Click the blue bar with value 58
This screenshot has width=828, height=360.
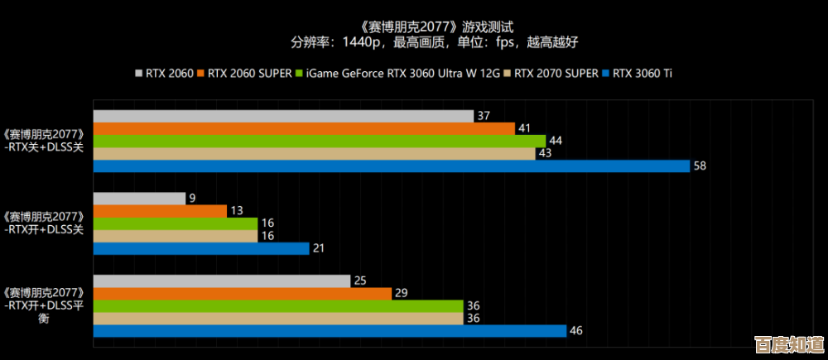(391, 166)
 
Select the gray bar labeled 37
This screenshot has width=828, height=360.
(283, 116)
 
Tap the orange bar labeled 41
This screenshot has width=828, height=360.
(304, 128)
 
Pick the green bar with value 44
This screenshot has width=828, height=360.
(319, 141)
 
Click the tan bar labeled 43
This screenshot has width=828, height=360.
(314, 153)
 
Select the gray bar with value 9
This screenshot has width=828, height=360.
(139, 199)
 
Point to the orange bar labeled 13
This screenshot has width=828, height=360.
(160, 211)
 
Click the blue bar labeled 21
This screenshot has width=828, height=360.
(201, 248)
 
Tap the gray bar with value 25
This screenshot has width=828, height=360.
(222, 281)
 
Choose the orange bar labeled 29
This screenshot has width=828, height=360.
(242, 294)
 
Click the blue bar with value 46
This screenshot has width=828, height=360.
(330, 331)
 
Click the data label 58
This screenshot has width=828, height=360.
(700, 166)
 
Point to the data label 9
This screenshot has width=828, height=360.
(192, 199)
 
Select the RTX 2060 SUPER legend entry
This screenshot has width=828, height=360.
(245, 73)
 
